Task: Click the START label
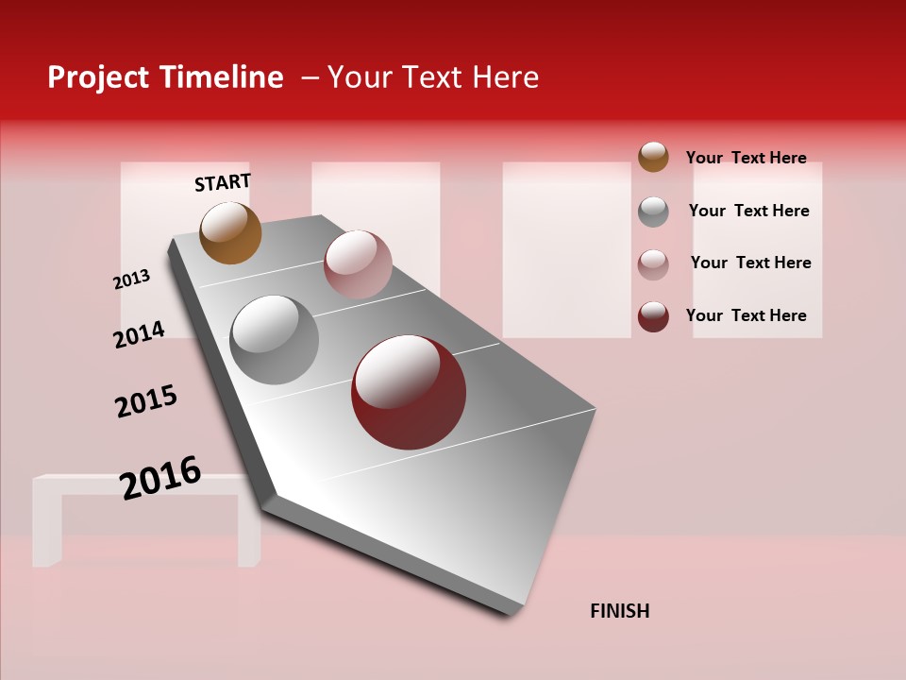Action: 223,182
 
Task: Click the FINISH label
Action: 619,611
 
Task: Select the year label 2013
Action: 132,280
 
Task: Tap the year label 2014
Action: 139,334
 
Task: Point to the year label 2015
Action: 146,401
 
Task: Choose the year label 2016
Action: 160,477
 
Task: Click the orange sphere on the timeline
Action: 230,232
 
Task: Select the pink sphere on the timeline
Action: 358,263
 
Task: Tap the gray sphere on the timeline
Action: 275,340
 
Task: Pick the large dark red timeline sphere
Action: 409,392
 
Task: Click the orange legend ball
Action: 653,157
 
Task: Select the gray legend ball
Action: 653,212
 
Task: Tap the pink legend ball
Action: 653,264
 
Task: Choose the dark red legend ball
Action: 653,316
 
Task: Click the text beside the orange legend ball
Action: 746,158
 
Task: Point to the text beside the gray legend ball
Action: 748,211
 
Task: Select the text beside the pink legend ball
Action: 750,263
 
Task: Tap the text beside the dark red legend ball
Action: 746,315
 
